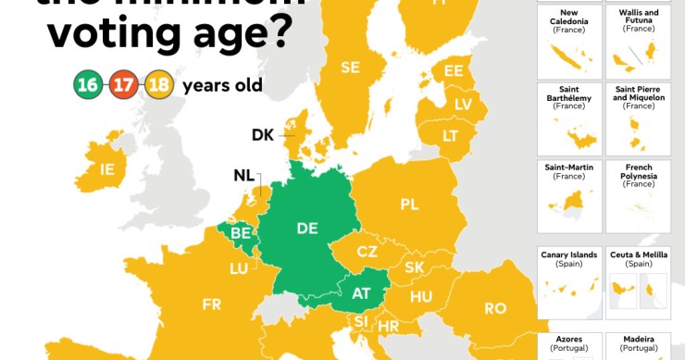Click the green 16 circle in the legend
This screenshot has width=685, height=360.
click(x=89, y=85)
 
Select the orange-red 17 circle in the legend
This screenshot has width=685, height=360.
click(x=122, y=85)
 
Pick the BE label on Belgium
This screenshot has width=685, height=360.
click(x=241, y=233)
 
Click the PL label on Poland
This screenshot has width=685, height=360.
click(x=410, y=204)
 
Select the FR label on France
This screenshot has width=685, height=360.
click(x=213, y=304)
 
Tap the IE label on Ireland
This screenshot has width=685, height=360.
click(x=107, y=169)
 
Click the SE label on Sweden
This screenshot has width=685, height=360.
click(x=350, y=67)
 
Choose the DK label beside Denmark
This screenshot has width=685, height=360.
click(x=264, y=135)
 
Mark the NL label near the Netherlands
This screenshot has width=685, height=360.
click(x=245, y=176)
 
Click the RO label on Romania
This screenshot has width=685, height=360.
click(x=495, y=308)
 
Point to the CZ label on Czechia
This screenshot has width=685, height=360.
click(x=367, y=251)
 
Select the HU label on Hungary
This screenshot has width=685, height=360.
click(x=421, y=297)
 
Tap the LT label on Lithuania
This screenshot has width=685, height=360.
click(x=451, y=135)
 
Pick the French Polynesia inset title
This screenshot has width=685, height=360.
click(x=638, y=173)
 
